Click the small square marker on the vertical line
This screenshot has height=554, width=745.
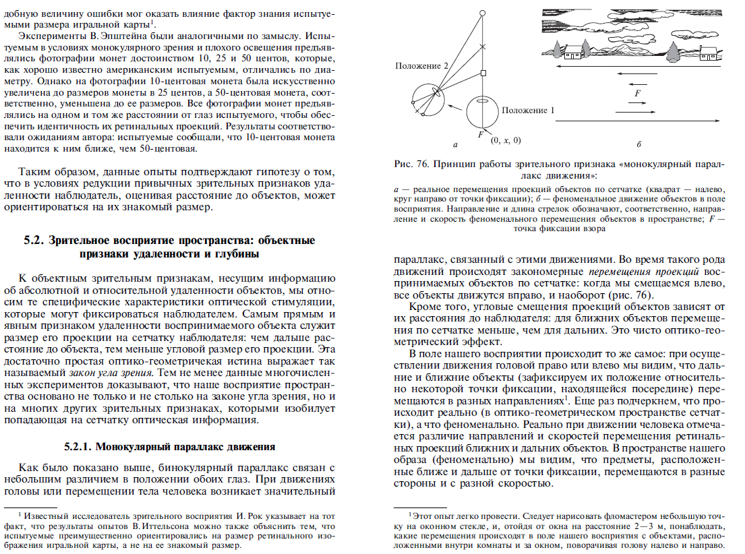tap(483, 73)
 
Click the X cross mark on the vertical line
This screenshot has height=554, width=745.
tap(483, 47)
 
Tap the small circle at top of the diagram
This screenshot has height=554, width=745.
tap(483, 13)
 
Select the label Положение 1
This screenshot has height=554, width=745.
tap(529, 110)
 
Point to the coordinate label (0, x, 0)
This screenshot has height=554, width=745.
tap(506, 140)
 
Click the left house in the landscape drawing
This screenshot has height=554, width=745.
tap(573, 51)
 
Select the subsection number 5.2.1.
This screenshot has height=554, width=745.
tap(79, 446)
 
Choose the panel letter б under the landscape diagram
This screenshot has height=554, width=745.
tap(638, 144)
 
